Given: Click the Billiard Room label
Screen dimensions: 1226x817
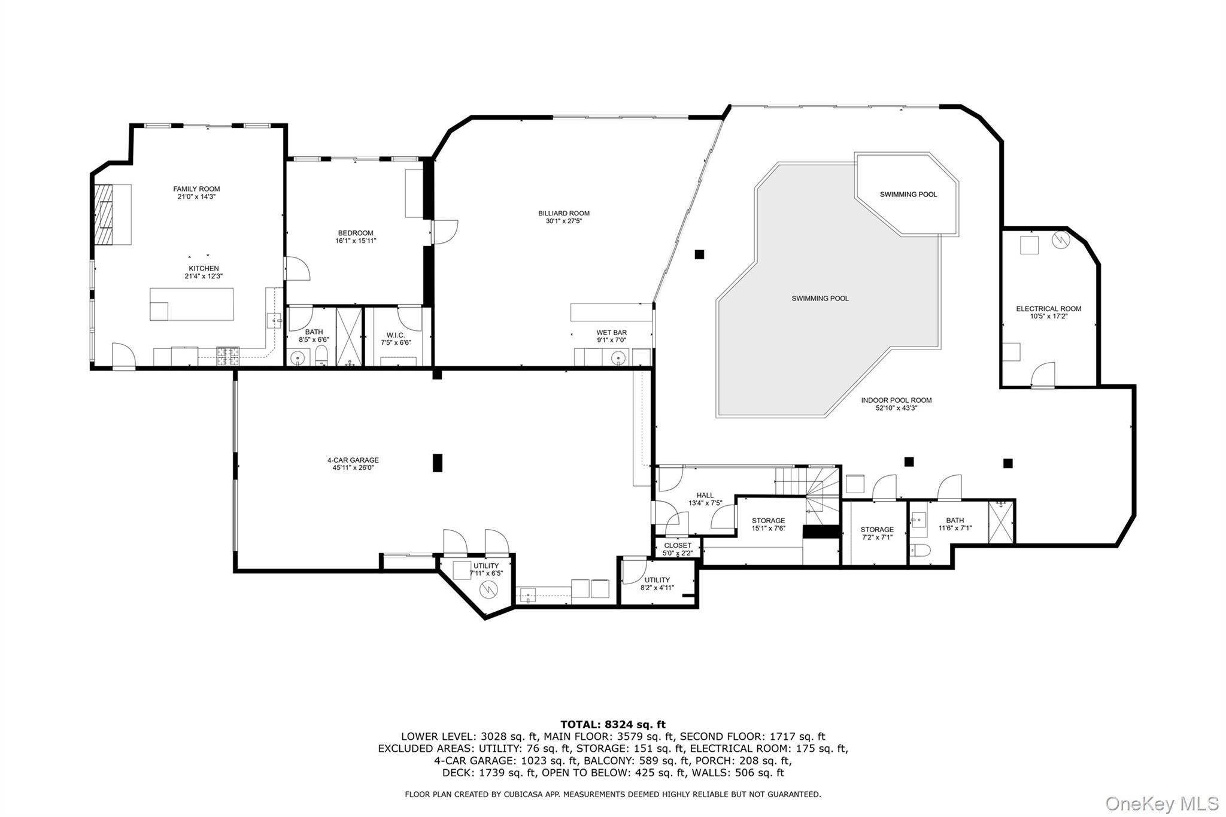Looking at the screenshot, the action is (563, 213).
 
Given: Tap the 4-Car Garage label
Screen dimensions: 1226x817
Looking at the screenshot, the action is (353, 460).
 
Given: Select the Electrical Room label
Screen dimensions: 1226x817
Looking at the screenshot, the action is (1048, 309).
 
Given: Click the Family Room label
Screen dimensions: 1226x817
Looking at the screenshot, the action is (196, 189).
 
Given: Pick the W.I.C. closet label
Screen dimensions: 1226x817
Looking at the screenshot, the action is (396, 335).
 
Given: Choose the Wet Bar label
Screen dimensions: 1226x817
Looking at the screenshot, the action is (611, 333).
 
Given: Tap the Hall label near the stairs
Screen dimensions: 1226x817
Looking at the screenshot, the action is (705, 495).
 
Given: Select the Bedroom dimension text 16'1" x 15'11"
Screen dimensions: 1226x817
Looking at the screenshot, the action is (356, 241).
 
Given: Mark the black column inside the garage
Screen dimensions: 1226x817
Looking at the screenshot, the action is (438, 463).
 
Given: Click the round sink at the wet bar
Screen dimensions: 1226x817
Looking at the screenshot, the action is (618, 358).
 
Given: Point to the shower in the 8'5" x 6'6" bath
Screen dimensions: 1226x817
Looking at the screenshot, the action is (349, 336).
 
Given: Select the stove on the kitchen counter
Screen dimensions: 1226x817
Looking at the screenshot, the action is (227, 357).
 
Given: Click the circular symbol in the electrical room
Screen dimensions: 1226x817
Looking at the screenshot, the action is (1060, 240).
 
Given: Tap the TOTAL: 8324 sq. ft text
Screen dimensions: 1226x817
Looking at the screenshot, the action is (612, 725).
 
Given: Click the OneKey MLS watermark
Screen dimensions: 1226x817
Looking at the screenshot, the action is (1162, 803).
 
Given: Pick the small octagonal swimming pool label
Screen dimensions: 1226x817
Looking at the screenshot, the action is (908, 195).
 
